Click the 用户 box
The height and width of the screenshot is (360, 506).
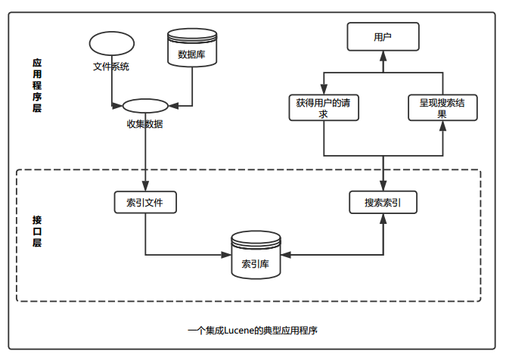(383, 36)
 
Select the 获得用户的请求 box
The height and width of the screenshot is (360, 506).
(323, 108)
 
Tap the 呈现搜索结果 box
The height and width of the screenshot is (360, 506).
(442, 108)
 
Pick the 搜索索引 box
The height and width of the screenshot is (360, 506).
(383, 203)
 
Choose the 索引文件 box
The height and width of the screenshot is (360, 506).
(144, 203)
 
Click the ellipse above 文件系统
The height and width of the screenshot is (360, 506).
(111, 44)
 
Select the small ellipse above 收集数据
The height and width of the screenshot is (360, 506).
(144, 106)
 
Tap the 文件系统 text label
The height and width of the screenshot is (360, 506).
(111, 67)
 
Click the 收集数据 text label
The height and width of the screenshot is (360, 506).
(144, 123)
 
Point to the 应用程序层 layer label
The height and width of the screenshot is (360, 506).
(37, 86)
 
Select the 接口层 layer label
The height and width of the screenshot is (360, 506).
(37, 231)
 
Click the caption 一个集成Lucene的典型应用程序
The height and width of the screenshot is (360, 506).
(252, 331)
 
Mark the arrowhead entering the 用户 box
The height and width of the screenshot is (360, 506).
(383, 54)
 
